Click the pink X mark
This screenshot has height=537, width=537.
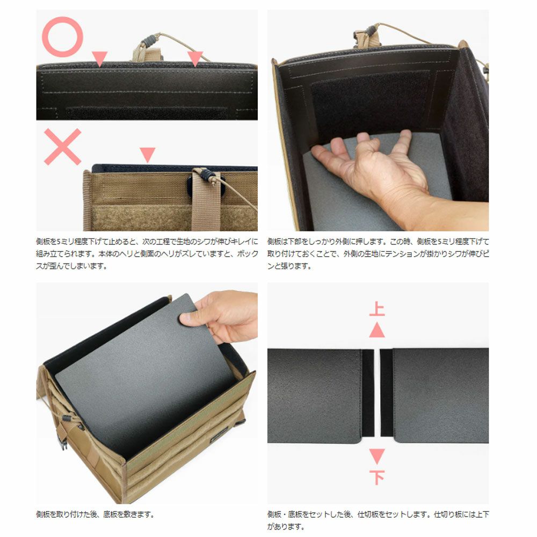(63, 147)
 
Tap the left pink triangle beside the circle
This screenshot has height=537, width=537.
(100, 58)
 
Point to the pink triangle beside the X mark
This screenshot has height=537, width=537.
(148, 155)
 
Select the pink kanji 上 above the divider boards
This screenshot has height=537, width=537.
(377, 309)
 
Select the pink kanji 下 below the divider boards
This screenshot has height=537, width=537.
(377, 477)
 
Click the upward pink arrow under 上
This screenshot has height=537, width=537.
(377, 330)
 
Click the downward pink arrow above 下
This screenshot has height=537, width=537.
(377, 456)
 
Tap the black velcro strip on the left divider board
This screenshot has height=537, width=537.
(368, 393)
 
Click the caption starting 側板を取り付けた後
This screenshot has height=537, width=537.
(95, 514)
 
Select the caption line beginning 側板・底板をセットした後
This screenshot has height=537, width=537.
(378, 514)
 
